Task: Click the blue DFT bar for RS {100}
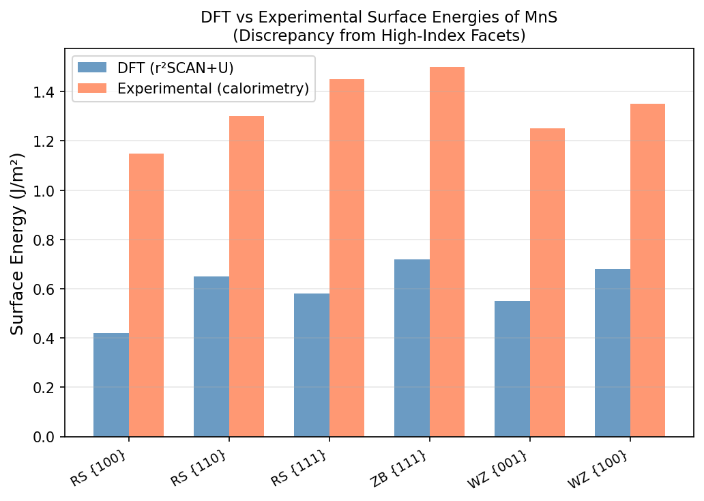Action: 111,385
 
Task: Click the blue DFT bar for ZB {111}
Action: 412,348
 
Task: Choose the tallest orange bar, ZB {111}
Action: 447,252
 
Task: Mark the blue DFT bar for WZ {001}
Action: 512,369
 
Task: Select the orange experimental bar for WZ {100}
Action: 647,270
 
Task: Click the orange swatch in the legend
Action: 92,88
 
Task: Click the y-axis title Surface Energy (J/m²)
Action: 17,244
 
